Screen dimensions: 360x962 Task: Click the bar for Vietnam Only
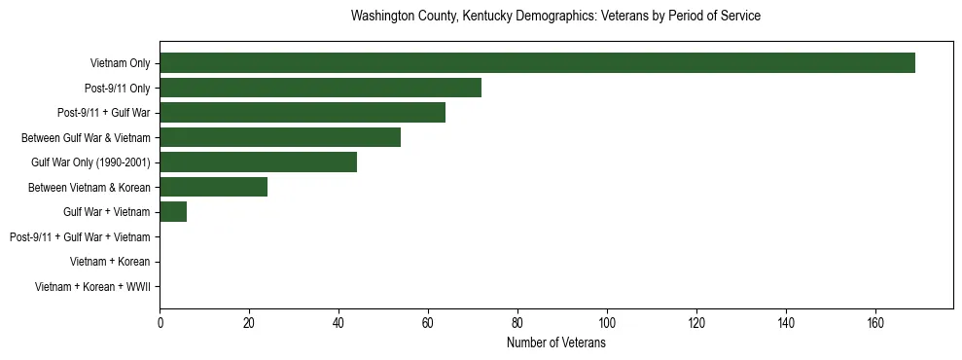tap(537, 63)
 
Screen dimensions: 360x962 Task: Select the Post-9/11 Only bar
tap(320, 88)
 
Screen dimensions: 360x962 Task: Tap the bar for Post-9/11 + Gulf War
tap(303, 113)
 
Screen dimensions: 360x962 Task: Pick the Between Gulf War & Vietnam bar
tap(280, 137)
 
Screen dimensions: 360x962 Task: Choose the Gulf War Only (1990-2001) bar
tap(258, 162)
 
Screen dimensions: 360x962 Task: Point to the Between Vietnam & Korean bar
tap(213, 187)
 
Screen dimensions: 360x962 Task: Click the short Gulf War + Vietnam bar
tap(173, 212)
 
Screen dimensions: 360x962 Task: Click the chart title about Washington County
tap(555, 17)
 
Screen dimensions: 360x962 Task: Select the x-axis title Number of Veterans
tap(555, 343)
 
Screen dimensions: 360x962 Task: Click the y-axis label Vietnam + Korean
tap(110, 262)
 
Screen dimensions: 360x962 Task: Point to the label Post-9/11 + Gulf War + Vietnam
tap(80, 237)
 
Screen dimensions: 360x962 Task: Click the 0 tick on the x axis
tap(160, 323)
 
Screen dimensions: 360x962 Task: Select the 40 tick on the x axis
tap(338, 323)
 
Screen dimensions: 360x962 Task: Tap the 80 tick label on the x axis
tap(517, 323)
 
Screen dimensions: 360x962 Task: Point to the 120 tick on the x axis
tap(696, 323)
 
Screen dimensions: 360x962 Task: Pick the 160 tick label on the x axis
tap(875, 323)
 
